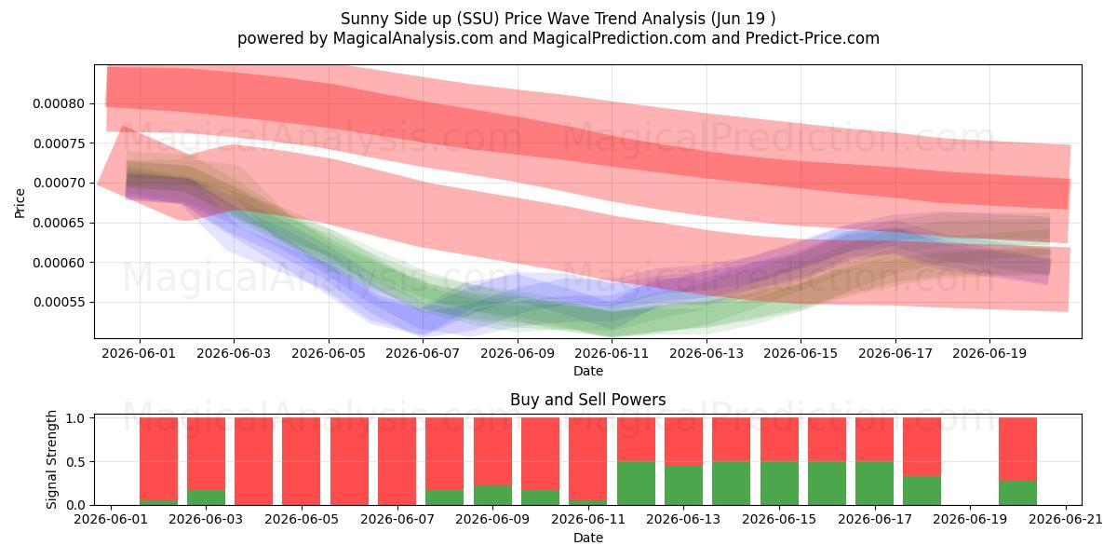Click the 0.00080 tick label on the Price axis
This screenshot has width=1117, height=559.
pos(59,103)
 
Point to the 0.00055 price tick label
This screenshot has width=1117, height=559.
pos(59,303)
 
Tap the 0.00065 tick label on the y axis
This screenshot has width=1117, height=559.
pos(59,223)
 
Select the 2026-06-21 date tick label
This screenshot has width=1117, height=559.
pos(1066,520)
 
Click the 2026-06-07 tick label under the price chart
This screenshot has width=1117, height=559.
pos(423,354)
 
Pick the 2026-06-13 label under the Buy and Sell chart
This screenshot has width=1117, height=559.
pos(683,520)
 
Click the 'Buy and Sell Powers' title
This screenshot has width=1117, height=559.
pos(588,400)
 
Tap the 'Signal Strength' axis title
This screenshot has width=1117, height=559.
pos(52,459)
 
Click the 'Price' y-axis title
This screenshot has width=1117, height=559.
pos(20,203)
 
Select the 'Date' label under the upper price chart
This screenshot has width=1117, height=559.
pos(588,371)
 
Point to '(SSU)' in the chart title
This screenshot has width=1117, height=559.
pos(478,19)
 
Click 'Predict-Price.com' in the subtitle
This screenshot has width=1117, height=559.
pos(813,38)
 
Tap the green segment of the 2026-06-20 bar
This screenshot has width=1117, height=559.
pos(1017,493)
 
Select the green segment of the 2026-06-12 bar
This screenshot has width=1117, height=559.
pos(636,484)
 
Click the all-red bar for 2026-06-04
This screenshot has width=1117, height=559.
pos(253,461)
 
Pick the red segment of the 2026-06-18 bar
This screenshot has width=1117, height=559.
pos(922,446)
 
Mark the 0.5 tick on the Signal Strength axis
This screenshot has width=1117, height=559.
pos(75,462)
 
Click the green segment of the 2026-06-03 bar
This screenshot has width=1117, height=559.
pos(206,498)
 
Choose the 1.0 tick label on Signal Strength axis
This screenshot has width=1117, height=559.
pos(75,418)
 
